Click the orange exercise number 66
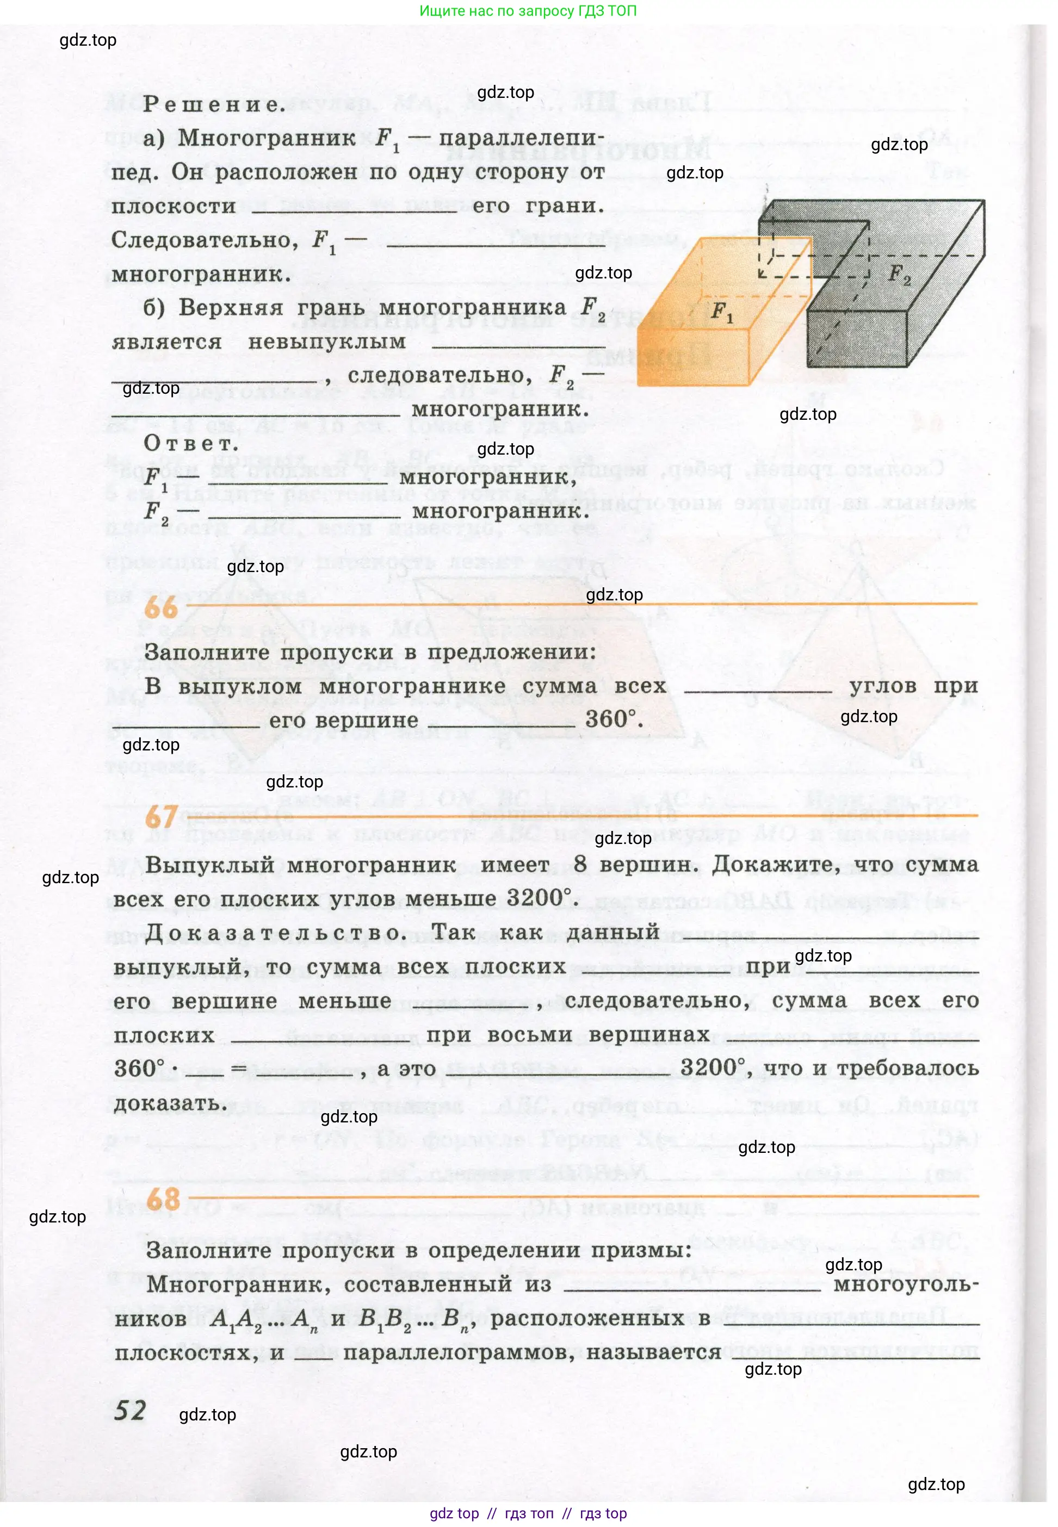coord(160,607)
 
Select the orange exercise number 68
coord(163,1199)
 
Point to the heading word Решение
coord(213,104)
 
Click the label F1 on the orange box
coord(721,311)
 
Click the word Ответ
coord(191,443)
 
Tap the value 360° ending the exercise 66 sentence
coord(612,719)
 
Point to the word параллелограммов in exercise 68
coord(458,1351)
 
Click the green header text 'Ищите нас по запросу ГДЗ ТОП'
coord(528,11)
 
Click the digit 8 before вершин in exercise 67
coord(580,864)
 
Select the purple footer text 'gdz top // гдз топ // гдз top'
coord(528,1513)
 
